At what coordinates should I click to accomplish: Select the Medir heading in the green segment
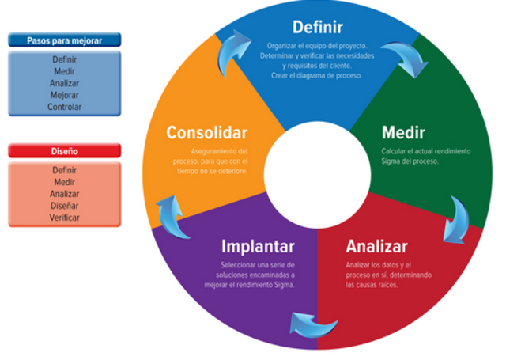pos(403,131)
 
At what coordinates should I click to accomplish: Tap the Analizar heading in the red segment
pos(376,245)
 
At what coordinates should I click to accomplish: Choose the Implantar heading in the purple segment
pos(258,245)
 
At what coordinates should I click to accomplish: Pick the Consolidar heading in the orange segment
pos(207,132)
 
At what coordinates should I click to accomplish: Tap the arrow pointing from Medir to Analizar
pos(457,218)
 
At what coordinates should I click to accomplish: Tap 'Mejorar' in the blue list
pos(64,95)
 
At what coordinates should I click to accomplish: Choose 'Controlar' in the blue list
pos(64,107)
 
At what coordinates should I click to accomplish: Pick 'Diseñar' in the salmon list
pos(64,206)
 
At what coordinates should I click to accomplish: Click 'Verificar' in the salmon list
pos(64,218)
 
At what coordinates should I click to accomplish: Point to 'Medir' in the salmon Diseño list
pos(64,182)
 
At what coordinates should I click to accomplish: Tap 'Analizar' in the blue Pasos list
pos(64,83)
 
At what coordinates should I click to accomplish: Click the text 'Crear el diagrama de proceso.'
pos(316,75)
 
